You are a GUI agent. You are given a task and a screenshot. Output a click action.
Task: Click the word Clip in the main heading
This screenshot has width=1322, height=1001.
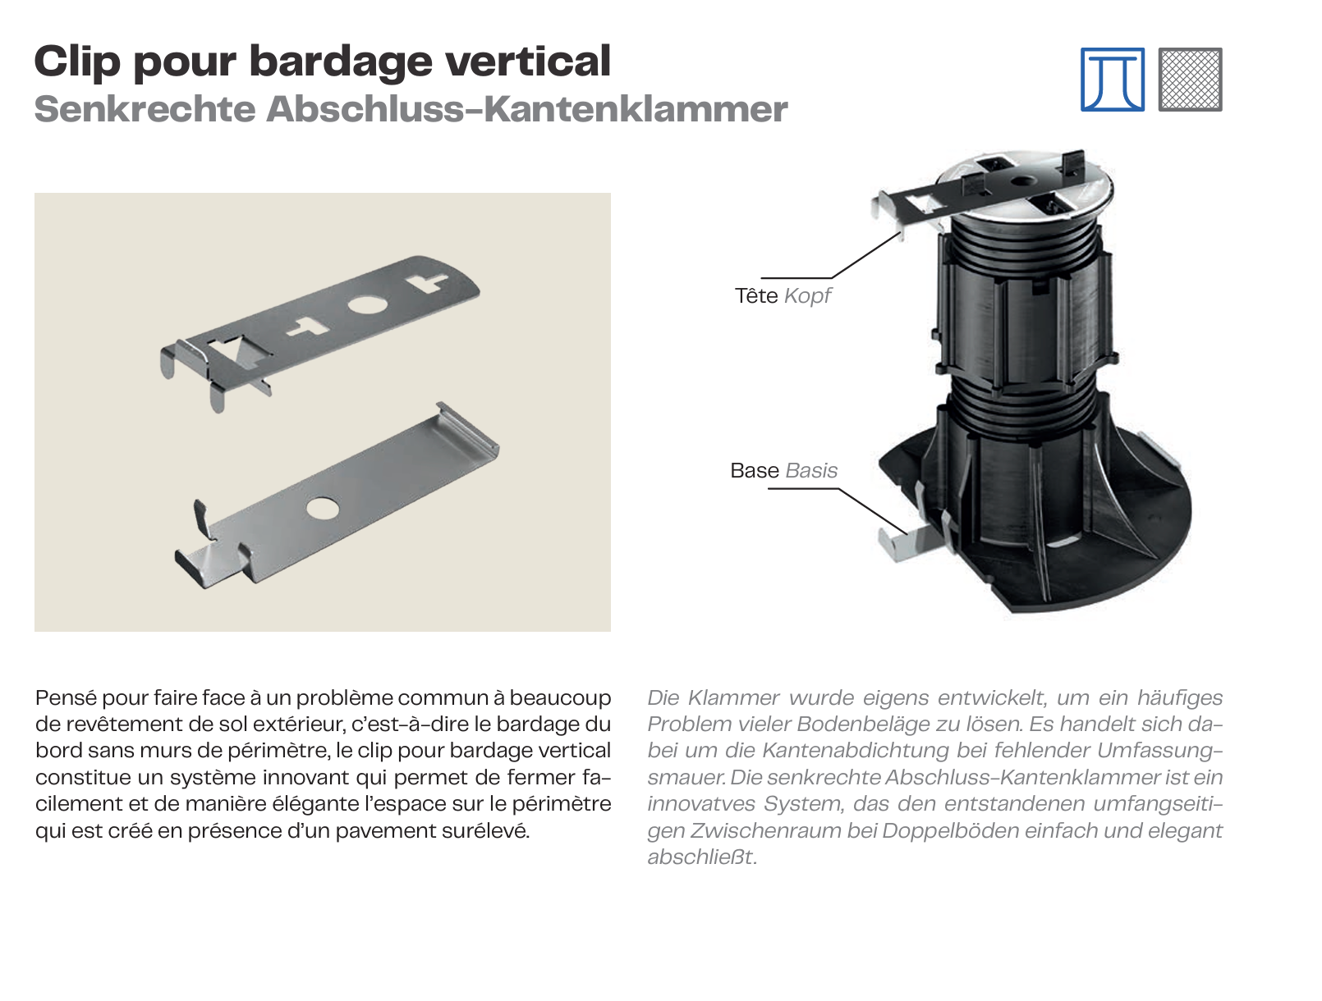point(77,62)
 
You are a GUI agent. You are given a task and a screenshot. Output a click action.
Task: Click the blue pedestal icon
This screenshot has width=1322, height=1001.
point(1112,80)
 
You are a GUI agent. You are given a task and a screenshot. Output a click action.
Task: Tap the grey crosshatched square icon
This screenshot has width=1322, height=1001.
point(1190,80)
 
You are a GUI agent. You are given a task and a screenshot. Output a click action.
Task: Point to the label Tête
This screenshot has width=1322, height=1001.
point(756,295)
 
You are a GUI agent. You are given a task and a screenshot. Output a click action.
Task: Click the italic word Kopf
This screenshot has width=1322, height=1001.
point(807,296)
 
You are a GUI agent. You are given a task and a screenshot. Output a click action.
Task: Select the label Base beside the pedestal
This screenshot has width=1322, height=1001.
point(754,470)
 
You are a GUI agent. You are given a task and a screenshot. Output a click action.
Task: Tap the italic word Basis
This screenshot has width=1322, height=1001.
point(811,470)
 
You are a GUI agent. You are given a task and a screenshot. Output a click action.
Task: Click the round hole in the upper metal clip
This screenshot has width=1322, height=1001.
point(367,304)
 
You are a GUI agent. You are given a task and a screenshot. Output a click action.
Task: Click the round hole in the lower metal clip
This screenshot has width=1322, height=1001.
point(322,509)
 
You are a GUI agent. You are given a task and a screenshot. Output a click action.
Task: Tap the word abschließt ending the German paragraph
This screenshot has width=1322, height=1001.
point(702,857)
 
